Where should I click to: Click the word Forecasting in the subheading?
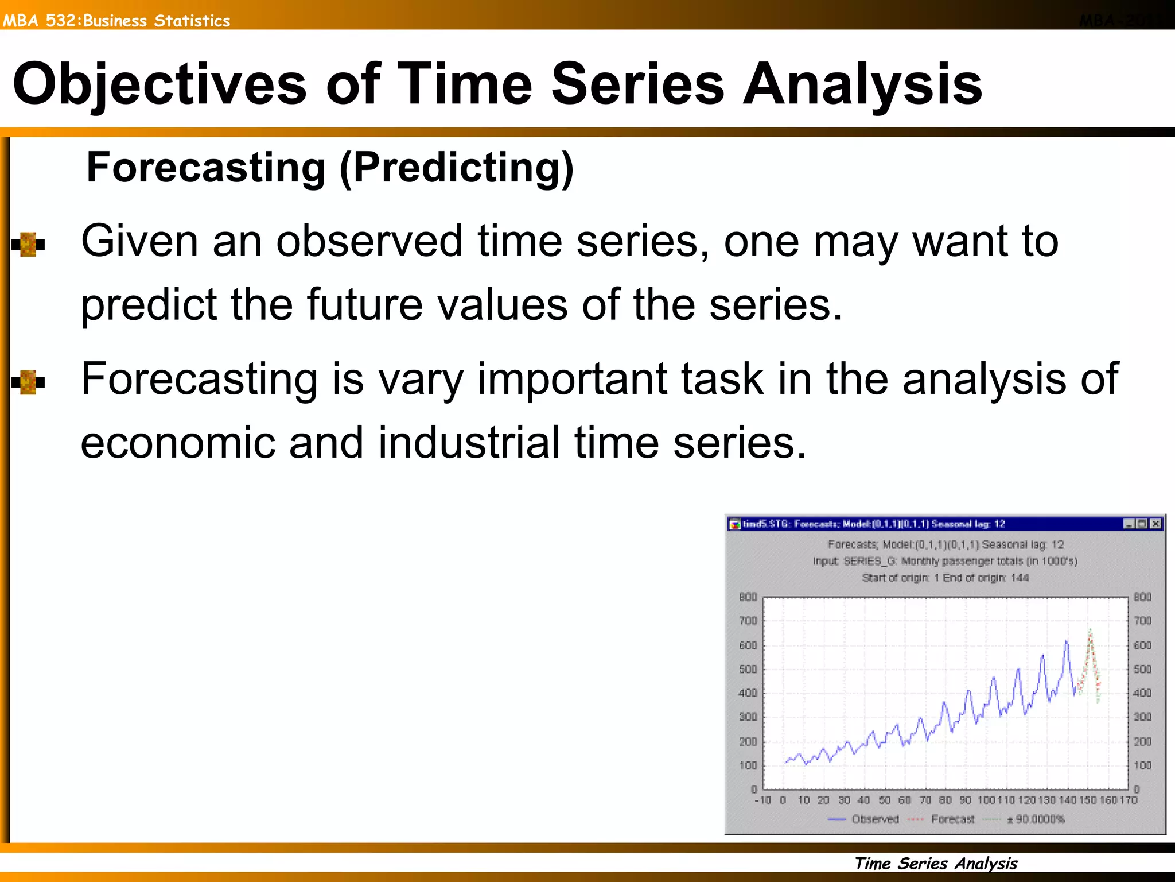tap(206, 167)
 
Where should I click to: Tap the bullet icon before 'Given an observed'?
tap(28, 245)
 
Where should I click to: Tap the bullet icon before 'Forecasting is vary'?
tap(28, 382)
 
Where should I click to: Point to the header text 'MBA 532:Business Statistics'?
tap(116, 21)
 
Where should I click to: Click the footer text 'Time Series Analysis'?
tap(936, 863)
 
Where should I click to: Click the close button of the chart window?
tap(1155, 523)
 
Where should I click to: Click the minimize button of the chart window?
tap(1129, 523)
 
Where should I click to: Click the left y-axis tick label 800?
tap(748, 597)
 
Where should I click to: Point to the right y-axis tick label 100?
tap(1142, 765)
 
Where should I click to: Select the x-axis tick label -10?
tap(762, 800)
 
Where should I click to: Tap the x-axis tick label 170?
tap(1128, 800)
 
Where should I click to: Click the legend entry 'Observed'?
tap(875, 819)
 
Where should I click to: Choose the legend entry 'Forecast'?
tap(952, 819)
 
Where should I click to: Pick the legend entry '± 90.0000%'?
tap(1036, 819)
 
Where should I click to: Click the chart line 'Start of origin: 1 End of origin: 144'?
tap(945, 578)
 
